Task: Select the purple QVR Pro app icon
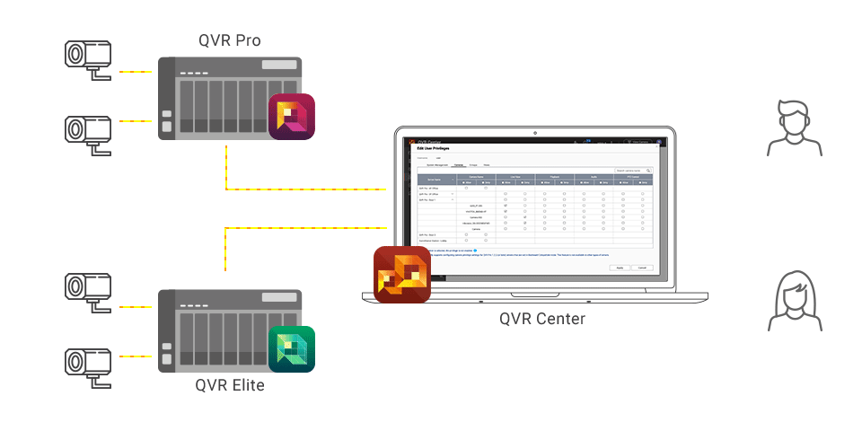point(292,116)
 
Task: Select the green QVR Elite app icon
point(292,349)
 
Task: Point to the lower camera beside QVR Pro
point(87,128)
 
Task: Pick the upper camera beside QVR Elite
point(87,288)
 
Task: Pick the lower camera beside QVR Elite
point(87,361)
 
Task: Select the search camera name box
point(632,170)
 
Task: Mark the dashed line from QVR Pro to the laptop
point(305,189)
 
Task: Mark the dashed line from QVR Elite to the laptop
point(305,228)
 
